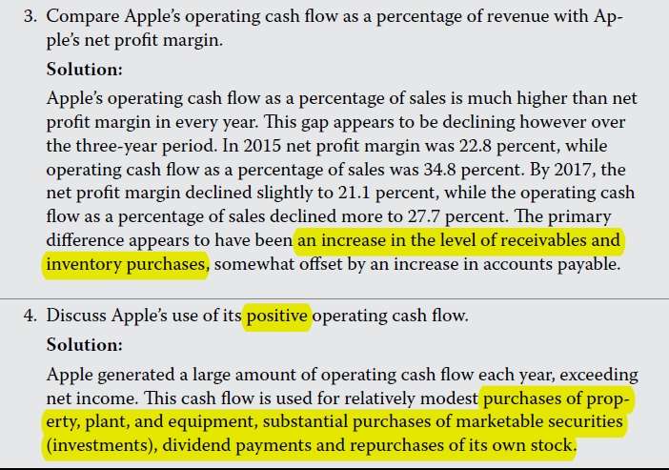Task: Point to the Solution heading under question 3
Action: tap(85, 70)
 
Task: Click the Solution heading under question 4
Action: tap(85, 343)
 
